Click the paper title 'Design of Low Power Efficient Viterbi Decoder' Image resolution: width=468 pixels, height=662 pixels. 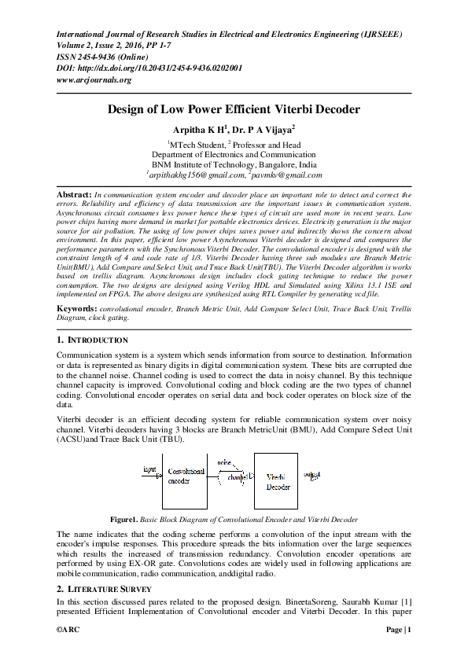point(234,110)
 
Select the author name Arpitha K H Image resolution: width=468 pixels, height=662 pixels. point(199,130)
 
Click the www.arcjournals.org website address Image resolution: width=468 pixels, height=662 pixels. point(94,79)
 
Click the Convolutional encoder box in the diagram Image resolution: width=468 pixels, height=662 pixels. point(185,480)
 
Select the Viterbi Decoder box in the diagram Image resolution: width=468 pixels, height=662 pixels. point(276,481)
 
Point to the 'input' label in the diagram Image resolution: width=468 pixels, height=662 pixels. point(149,469)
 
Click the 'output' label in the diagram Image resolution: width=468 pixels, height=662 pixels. point(312,474)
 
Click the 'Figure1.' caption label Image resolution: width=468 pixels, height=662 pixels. point(124,520)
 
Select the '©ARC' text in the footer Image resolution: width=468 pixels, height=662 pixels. point(69,631)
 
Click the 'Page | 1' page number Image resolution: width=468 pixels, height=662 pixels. point(398,631)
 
